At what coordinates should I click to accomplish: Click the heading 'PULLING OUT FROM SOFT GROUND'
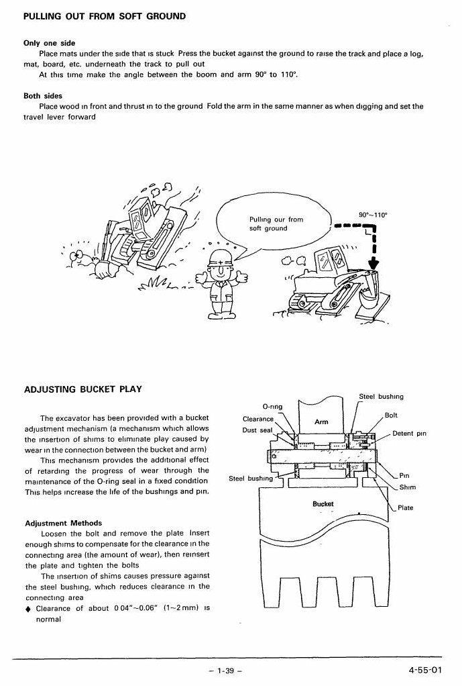pos(105,17)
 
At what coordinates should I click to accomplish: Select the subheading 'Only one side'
pos(50,43)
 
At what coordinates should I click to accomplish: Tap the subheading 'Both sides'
pos(43,95)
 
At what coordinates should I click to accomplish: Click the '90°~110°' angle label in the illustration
pos(373,215)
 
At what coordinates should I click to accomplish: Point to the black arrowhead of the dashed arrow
pos(373,264)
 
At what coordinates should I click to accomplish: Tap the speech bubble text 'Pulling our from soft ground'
pos(276,224)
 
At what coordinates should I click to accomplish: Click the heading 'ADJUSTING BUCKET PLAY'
pos(83,389)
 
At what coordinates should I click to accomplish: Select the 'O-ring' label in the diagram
pos(272,406)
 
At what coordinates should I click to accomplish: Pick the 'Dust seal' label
pos(257,430)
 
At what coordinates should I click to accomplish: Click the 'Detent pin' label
pos(409,433)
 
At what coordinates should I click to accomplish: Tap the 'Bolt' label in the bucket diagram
pos(391,415)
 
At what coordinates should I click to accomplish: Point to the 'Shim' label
pos(408,487)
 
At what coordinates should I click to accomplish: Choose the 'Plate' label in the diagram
pos(405,507)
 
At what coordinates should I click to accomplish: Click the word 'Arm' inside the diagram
pos(321,422)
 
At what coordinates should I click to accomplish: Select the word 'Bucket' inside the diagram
pos(323,503)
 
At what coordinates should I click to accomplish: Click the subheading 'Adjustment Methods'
pos(64,523)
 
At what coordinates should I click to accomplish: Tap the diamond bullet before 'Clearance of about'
pos(28,609)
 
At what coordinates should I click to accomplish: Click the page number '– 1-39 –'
pos(225,671)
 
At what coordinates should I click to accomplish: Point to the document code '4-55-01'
pos(425,670)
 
